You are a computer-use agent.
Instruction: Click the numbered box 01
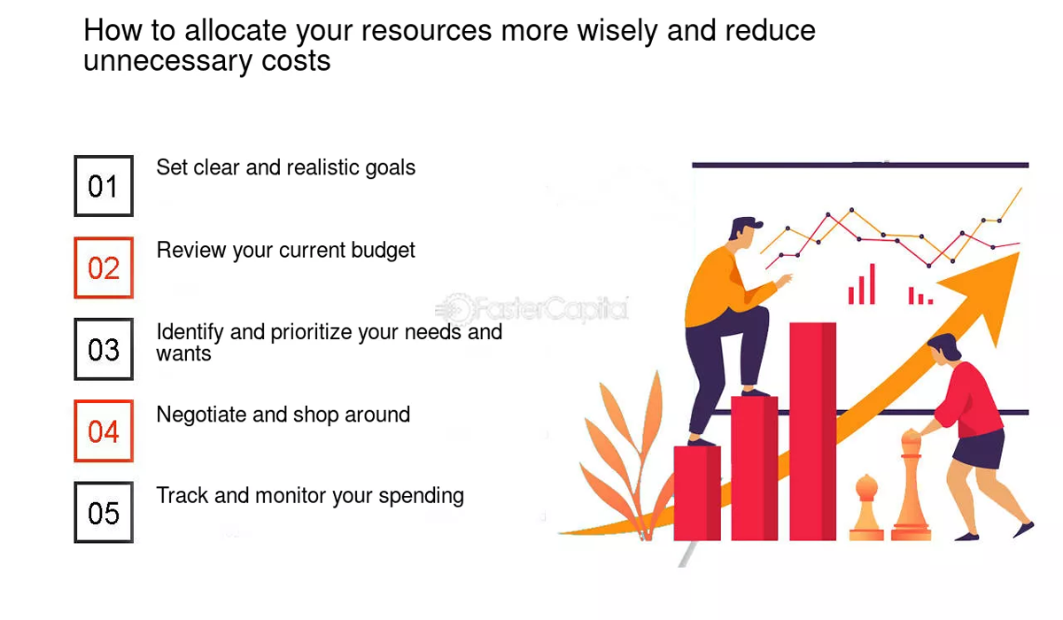click(x=104, y=186)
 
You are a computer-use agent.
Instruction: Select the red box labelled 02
click(x=104, y=267)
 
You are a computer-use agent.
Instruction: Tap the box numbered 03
click(x=104, y=350)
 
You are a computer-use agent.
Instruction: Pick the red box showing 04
click(x=104, y=431)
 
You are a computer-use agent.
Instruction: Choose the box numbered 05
click(x=104, y=513)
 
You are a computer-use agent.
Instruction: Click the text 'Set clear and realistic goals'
click(x=285, y=167)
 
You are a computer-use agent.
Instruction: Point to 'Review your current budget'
click(x=285, y=251)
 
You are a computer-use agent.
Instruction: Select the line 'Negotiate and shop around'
click(x=283, y=415)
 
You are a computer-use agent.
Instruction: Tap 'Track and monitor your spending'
click(x=310, y=495)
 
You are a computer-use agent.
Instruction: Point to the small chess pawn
click(x=866, y=508)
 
